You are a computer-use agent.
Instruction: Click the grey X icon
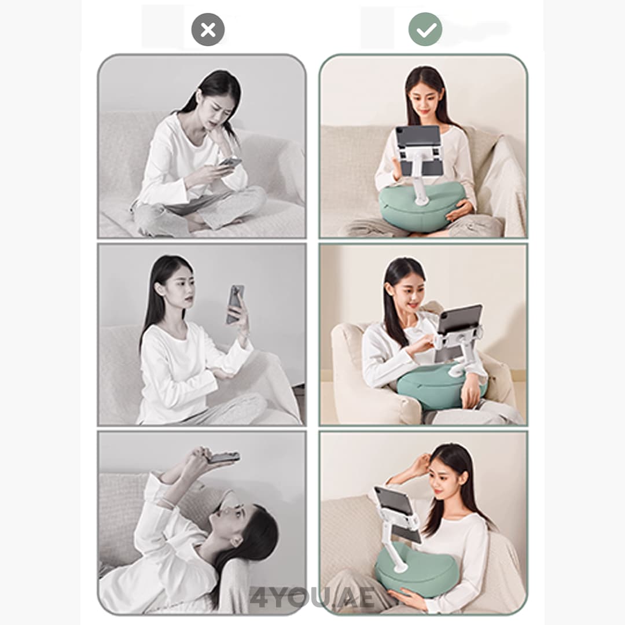[x=208, y=30]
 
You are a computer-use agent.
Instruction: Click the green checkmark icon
[x=425, y=29]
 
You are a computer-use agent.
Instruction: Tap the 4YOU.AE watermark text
[x=313, y=598]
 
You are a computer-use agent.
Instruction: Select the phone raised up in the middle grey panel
[x=235, y=304]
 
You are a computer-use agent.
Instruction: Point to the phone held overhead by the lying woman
[x=224, y=457]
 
